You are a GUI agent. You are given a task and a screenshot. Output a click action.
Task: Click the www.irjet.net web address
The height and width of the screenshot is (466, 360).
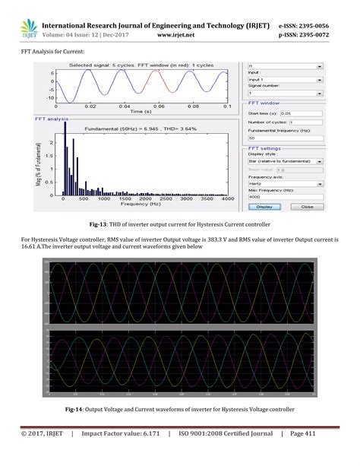click(177, 34)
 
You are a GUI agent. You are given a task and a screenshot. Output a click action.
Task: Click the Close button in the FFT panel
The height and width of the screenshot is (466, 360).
click(327, 205)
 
